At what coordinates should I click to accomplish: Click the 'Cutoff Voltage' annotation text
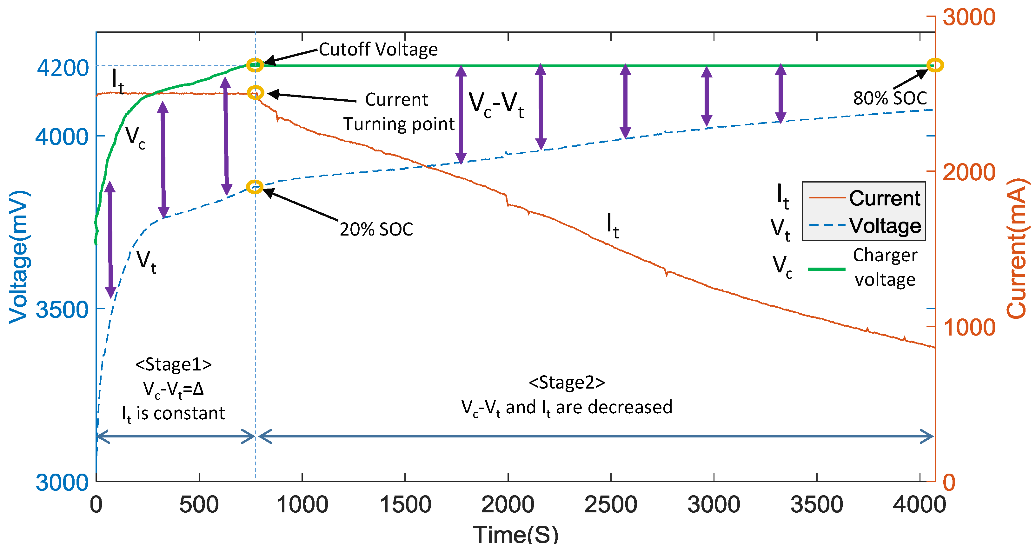pos(378,50)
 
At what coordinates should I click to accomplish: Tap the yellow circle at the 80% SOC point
pos(935,65)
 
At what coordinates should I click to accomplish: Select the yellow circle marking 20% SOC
pos(255,187)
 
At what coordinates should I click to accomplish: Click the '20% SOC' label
pos(376,229)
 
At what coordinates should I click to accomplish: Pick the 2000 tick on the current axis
pos(968,172)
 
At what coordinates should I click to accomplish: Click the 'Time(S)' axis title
pos(515,535)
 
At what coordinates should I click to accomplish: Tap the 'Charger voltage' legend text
pos(885,267)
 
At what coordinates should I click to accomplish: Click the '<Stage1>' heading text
pos(173,364)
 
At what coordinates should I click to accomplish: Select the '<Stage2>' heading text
pos(567,383)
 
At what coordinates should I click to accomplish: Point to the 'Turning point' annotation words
pos(399,124)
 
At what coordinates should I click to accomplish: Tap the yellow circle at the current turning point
pos(256,92)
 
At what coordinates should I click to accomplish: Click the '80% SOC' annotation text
pos(890,98)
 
